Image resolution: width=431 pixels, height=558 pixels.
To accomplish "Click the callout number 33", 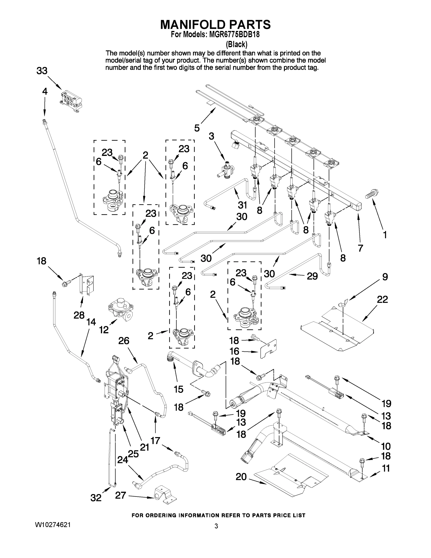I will tap(42, 71).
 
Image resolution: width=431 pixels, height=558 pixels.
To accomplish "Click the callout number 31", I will tap(242, 205).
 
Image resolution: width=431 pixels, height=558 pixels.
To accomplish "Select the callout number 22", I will tap(382, 299).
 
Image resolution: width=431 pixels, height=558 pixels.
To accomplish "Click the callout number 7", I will tap(360, 248).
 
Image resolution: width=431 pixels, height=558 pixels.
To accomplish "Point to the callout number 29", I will tap(312, 276).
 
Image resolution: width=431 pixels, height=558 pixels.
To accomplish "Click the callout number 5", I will tap(197, 128).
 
